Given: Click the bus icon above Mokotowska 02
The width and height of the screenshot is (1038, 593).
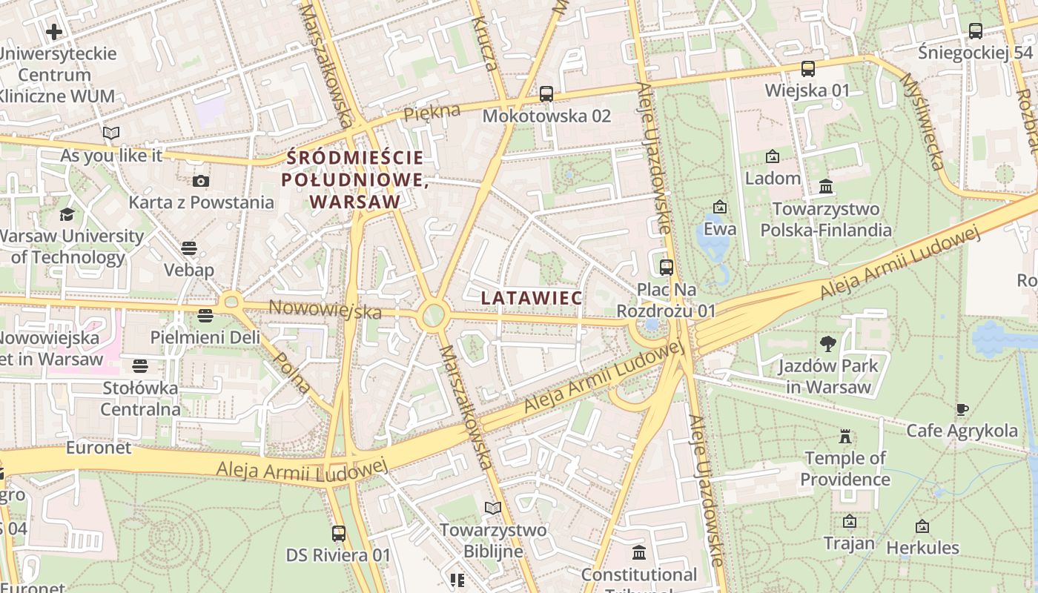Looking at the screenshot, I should pyautogui.click(x=546, y=93).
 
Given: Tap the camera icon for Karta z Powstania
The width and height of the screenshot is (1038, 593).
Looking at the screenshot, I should pyautogui.click(x=200, y=181).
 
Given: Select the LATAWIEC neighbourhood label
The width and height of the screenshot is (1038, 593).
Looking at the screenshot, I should pyautogui.click(x=532, y=297).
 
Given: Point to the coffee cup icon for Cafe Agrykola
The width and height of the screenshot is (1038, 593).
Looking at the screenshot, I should pyautogui.click(x=962, y=409).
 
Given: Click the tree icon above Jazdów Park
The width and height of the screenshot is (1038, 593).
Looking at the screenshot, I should pyautogui.click(x=827, y=343).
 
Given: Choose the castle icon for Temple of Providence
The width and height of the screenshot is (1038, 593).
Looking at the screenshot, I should pyautogui.click(x=844, y=436).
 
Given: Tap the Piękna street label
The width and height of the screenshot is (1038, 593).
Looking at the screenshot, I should pyautogui.click(x=432, y=113).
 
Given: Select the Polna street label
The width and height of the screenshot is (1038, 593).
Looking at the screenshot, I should pyautogui.click(x=291, y=372).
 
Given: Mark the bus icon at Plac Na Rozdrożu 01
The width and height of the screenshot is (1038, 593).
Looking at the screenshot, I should pyautogui.click(x=666, y=267).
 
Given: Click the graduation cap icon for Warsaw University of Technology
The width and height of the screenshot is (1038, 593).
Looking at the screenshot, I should pyautogui.click(x=67, y=214).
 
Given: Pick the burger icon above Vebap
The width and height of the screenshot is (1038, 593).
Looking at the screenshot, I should pyautogui.click(x=189, y=248).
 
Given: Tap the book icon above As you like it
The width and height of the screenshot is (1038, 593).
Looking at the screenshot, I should pyautogui.click(x=111, y=133).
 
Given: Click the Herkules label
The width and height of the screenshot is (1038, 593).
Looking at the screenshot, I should pyautogui.click(x=922, y=549).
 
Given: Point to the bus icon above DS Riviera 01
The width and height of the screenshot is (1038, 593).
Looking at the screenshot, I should pyautogui.click(x=338, y=533).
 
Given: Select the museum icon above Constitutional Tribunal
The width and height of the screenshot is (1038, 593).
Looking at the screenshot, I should pyautogui.click(x=638, y=552).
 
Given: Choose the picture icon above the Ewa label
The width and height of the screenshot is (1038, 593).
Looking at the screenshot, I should pyautogui.click(x=719, y=207).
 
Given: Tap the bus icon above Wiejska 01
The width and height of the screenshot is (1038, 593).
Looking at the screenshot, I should pyautogui.click(x=807, y=69).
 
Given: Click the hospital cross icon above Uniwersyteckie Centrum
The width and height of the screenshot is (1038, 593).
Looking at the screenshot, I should pyautogui.click(x=54, y=32).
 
